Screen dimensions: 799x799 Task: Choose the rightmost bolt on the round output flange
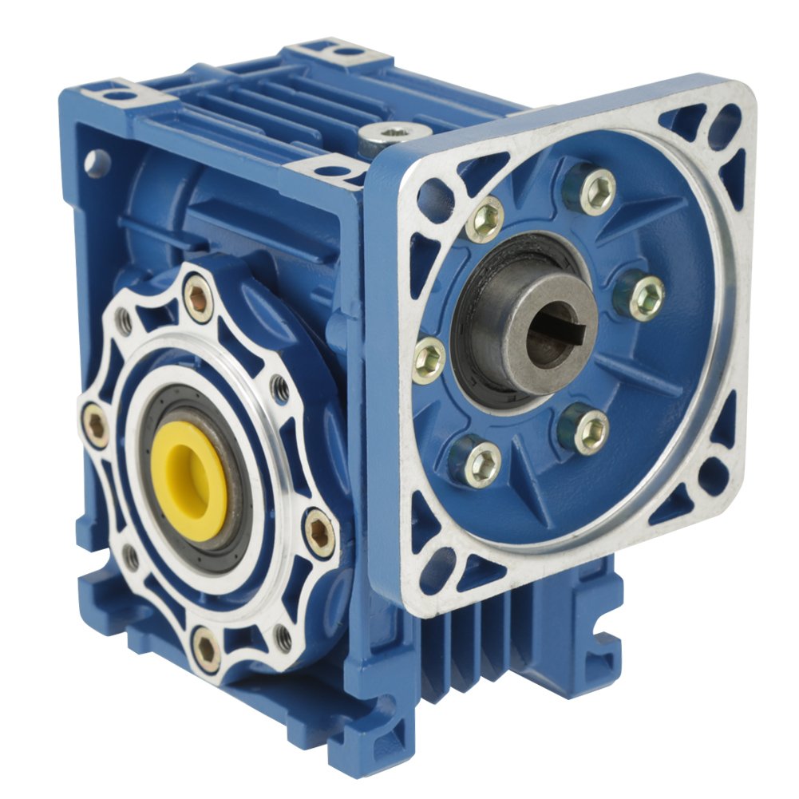320,534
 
